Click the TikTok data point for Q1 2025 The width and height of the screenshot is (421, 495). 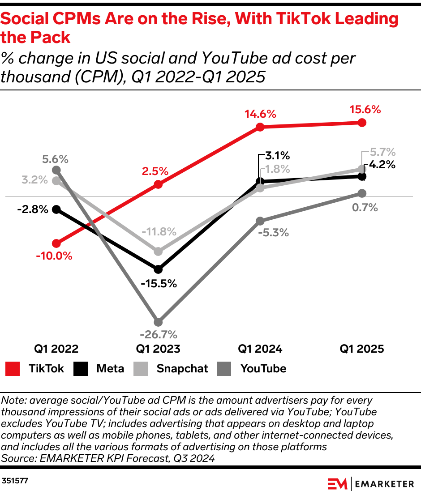click(362, 123)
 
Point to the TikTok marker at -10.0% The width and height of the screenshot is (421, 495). click(56, 243)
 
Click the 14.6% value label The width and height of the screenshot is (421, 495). click(260, 114)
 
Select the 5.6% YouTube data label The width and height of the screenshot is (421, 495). click(56, 159)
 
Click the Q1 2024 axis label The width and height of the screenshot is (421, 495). click(260, 349)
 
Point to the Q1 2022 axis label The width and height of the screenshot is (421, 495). click(56, 349)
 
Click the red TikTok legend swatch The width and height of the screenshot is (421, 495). click(13, 369)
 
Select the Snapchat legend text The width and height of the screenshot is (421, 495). click(182, 369)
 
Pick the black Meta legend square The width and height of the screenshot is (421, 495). click(80, 369)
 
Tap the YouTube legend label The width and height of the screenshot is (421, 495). click(263, 369)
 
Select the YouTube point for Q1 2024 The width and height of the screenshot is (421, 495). click(260, 221)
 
